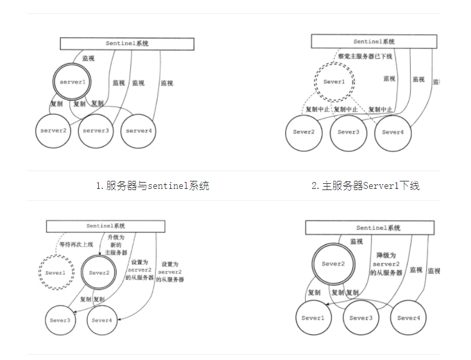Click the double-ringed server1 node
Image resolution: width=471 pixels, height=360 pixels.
click(72, 82)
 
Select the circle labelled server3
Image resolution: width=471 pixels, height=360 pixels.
click(96, 130)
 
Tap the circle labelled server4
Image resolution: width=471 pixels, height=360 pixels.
click(138, 130)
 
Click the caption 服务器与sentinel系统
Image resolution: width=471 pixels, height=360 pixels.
click(152, 185)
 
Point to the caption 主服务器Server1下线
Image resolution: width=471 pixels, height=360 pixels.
click(365, 185)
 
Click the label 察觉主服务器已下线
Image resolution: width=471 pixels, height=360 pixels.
click(364, 56)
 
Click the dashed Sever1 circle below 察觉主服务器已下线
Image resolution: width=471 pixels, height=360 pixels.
click(334, 82)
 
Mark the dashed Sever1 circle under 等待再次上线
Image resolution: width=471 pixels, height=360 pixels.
click(56, 273)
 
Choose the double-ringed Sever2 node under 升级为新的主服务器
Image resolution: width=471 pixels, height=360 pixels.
click(99, 273)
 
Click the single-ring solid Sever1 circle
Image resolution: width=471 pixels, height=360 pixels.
click(313, 318)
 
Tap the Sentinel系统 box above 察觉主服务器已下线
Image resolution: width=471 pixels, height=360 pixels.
click(374, 42)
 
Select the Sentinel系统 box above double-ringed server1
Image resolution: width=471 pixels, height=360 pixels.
click(127, 44)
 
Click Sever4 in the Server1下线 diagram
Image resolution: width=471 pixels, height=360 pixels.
click(393, 133)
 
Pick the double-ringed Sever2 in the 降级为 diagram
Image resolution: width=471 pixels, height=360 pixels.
click(332, 264)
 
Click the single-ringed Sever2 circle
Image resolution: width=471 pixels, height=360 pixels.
click(303, 133)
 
